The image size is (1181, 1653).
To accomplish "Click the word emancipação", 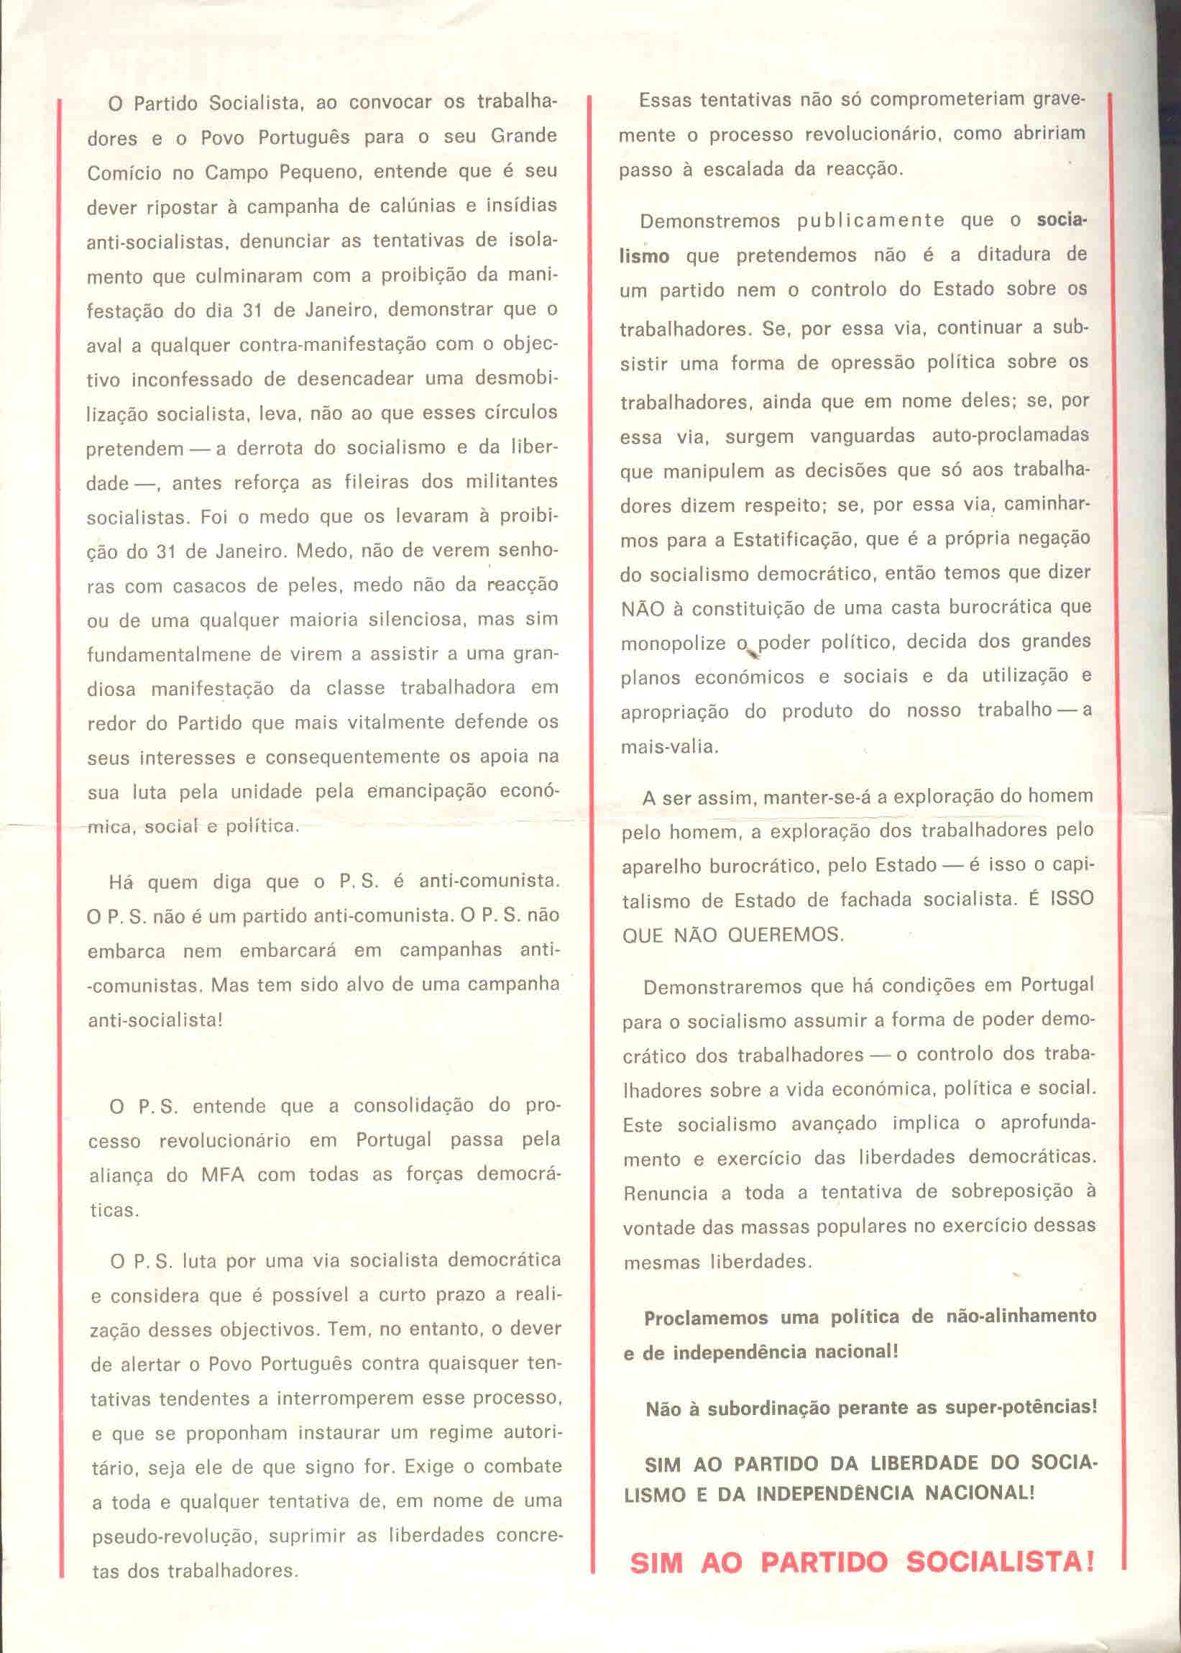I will pyautogui.click(x=419, y=792).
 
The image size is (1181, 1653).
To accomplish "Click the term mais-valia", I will pyautogui.click(x=668, y=747).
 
